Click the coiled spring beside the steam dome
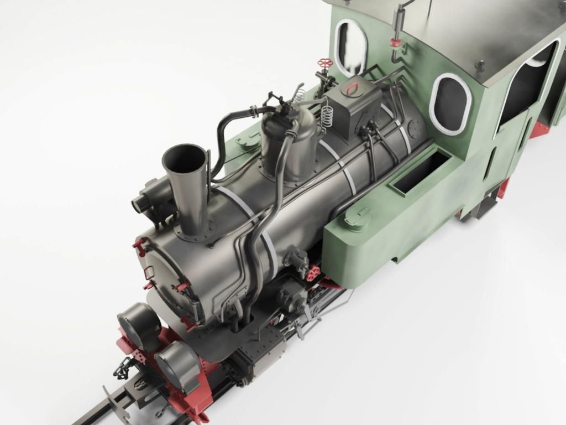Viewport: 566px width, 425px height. pyautogui.click(x=328, y=116)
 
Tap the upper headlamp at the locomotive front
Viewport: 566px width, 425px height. pyautogui.click(x=139, y=326)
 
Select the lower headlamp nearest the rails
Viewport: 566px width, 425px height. pyautogui.click(x=177, y=365)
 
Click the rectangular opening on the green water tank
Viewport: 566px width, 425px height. pyautogui.click(x=421, y=172)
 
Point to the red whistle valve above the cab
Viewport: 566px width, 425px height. pyautogui.click(x=395, y=42)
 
